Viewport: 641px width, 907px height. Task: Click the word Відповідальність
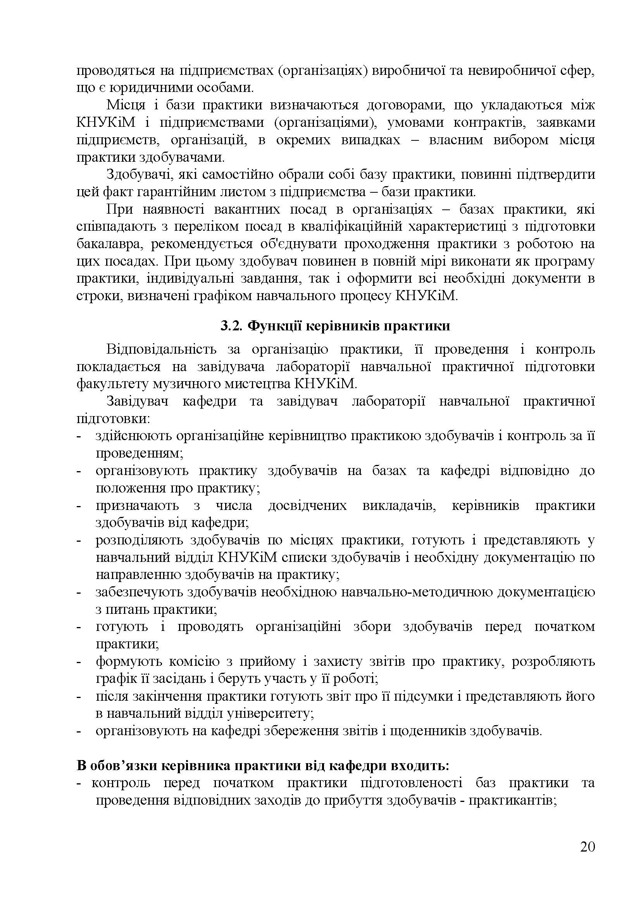click(x=162, y=350)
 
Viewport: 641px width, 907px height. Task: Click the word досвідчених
click(x=307, y=506)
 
